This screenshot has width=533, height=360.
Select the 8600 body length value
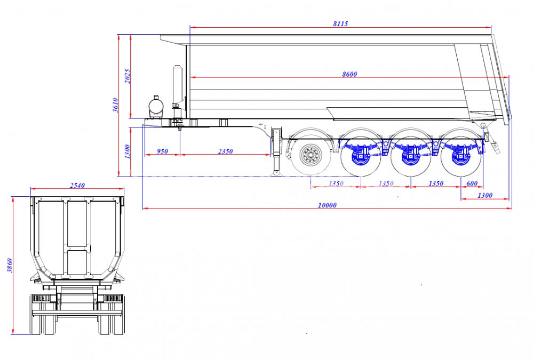point(349,74)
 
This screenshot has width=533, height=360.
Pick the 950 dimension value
point(162,151)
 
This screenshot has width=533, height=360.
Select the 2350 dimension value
point(226,151)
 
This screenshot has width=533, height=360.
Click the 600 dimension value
point(472,183)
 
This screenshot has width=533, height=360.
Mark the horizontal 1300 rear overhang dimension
point(485,196)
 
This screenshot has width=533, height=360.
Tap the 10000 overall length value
point(327,205)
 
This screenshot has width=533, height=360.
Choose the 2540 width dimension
point(77,185)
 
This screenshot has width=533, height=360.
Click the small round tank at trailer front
point(156,106)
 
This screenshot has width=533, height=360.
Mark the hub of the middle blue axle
point(410,156)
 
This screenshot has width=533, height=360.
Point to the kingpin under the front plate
point(180,128)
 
